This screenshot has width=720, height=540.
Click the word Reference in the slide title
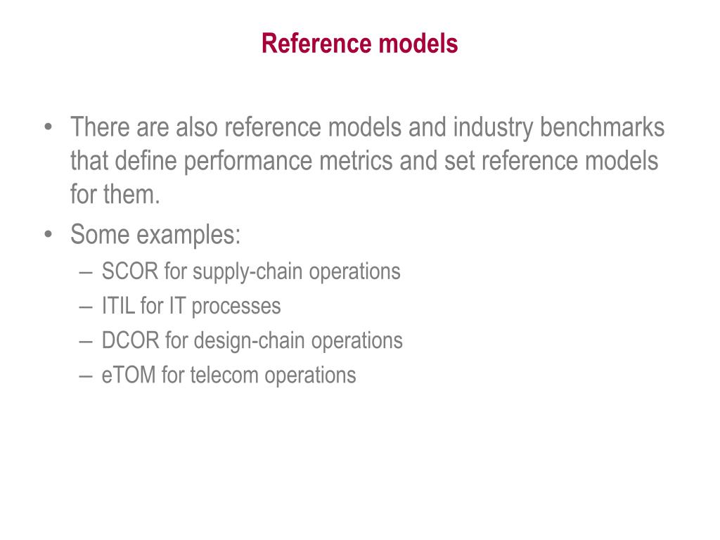[x=316, y=44]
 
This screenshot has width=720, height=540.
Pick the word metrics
[x=358, y=162]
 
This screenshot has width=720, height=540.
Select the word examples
[x=188, y=235]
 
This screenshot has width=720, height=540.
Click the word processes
[x=236, y=307]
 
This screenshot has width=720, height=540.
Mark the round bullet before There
[x=48, y=129]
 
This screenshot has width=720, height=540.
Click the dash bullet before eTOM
[x=86, y=375]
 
